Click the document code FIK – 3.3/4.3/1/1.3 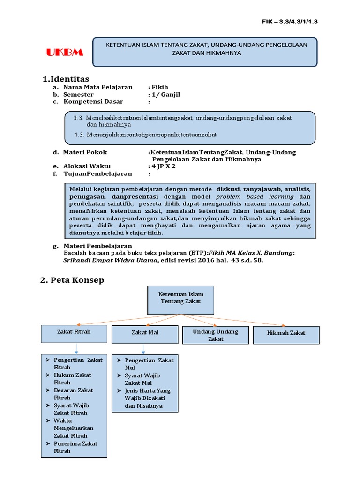coord(292,22)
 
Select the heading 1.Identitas coord(66,78)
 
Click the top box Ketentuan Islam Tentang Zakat coord(180,300)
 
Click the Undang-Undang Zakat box coord(215,335)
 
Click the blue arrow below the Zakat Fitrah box coord(75,349)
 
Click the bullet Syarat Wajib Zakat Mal coord(142,379)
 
